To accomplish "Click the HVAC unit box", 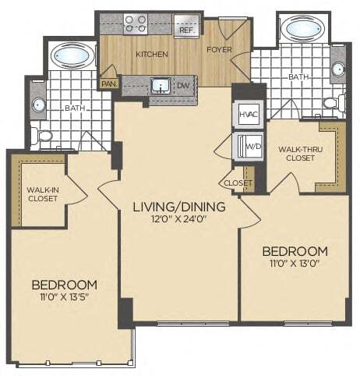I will click(x=247, y=115).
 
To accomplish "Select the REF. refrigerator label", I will click(x=187, y=30).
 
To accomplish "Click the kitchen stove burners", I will click(x=136, y=23).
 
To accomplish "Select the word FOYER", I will click(x=219, y=49).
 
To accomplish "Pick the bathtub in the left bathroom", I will click(x=72, y=58).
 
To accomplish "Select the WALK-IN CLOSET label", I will click(x=38, y=193).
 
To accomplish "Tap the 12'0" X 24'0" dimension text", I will click(x=178, y=219).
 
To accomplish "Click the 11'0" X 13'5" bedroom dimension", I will click(x=65, y=297).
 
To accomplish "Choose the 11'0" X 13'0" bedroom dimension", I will click(x=294, y=264).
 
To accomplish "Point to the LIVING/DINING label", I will click(x=178, y=206).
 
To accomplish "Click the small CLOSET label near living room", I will click(x=238, y=183).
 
